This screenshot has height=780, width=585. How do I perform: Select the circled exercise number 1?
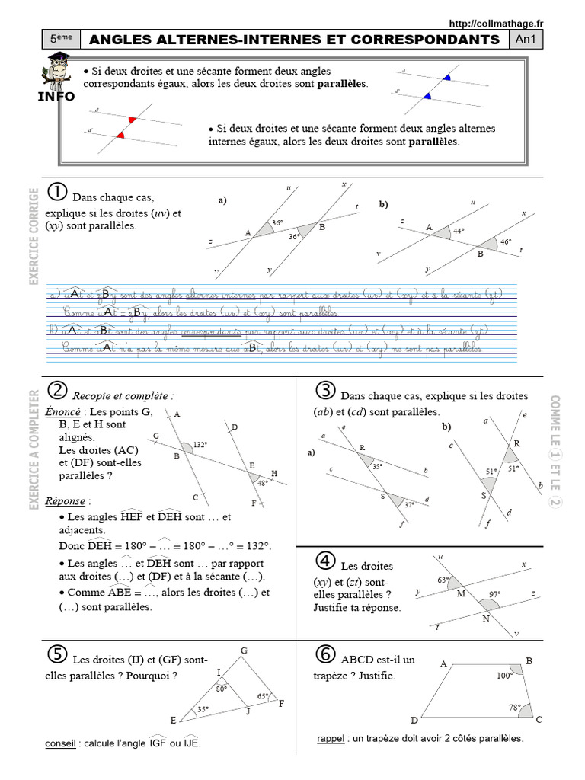point(56,191)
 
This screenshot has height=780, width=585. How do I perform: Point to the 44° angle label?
point(458,230)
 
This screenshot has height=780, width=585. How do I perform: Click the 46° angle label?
point(506,242)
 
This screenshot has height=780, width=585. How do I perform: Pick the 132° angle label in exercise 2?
point(200,444)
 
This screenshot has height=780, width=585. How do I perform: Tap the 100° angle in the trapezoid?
point(503,675)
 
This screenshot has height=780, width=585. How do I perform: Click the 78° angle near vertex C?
point(514,708)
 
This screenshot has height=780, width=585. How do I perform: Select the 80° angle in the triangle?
point(222,689)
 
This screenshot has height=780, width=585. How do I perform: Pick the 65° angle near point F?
point(263,696)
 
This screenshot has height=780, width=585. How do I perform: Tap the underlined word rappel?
point(331,738)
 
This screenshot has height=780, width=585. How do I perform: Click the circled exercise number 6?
point(326,655)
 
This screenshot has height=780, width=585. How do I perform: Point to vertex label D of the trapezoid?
point(414,720)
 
